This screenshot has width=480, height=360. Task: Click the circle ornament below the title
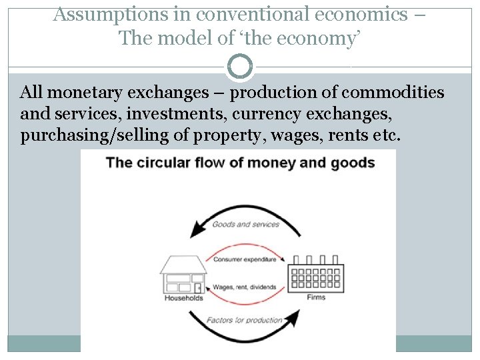point(240,67)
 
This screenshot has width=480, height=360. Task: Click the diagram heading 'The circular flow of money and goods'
point(240,162)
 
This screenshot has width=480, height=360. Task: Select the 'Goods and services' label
point(245,224)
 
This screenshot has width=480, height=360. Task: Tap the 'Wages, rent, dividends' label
point(245,287)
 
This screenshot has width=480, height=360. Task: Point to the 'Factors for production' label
point(245,320)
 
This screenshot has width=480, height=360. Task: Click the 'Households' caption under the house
point(183,298)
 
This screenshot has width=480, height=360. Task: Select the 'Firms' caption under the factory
point(317,297)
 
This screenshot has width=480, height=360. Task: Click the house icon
point(183,273)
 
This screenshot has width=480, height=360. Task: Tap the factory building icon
point(315,274)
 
